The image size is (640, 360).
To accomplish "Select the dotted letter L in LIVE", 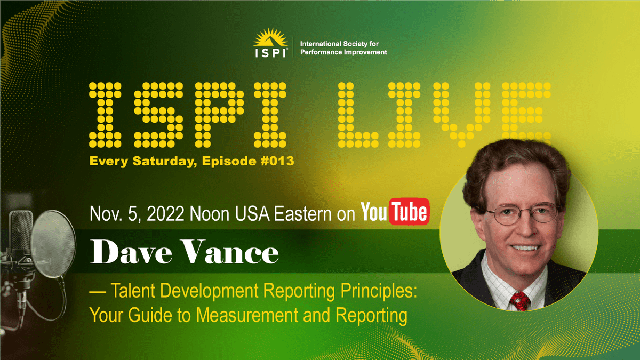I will tap(357, 115).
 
